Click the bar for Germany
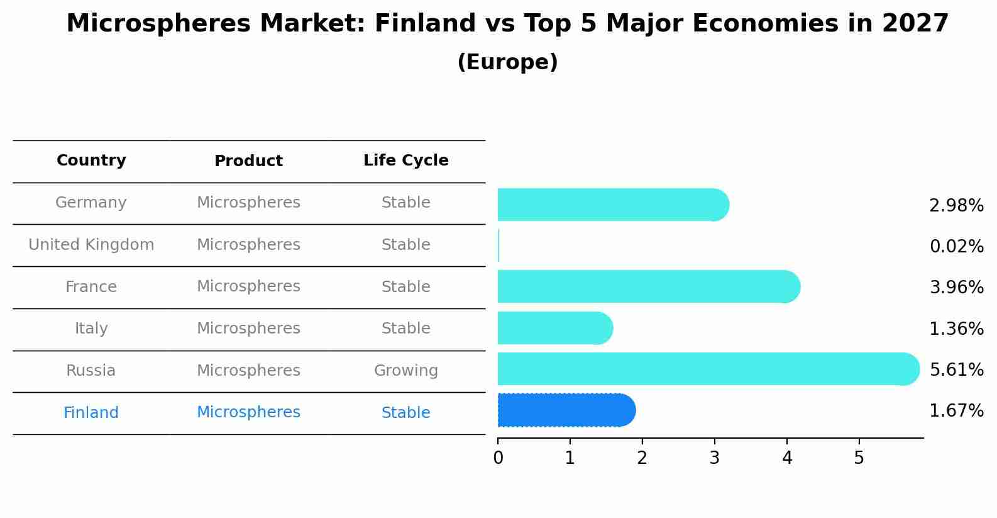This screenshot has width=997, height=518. [613, 205]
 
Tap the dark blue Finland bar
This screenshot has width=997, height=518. [566, 410]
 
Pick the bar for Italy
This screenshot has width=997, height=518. [554, 328]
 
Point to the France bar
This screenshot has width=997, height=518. [648, 286]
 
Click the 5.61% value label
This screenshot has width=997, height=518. [956, 369]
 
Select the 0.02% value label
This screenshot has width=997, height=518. [956, 246]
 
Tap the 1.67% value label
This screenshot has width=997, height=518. [956, 411]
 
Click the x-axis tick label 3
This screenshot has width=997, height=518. [714, 458]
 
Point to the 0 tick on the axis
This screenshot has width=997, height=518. [498, 458]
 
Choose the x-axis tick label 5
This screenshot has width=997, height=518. [859, 458]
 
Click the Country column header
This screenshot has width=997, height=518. [91, 160]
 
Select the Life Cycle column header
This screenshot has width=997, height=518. [405, 160]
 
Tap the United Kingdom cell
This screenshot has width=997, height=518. [91, 245]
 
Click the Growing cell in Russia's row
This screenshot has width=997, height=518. [405, 371]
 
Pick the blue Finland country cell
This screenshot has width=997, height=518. [91, 413]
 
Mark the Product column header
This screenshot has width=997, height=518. [248, 161]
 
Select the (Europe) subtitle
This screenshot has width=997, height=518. [507, 62]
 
